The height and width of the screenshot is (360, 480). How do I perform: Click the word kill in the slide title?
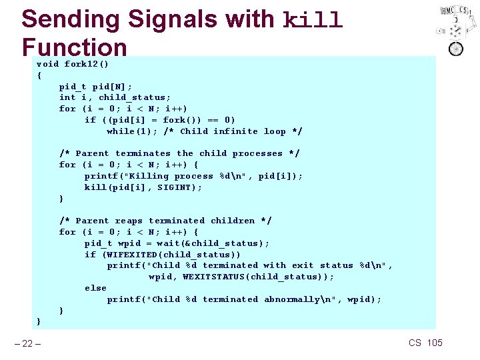313,20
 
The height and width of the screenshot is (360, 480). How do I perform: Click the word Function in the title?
74,47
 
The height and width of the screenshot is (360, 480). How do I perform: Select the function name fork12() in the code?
87,64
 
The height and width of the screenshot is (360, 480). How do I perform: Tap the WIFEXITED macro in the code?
130,255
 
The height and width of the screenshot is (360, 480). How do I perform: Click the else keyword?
95,288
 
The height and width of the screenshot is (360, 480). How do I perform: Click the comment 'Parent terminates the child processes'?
179,153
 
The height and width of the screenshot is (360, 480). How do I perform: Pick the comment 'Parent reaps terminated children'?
165,221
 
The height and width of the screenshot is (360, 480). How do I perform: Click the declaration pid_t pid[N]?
95,87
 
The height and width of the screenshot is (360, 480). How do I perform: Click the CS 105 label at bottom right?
425,343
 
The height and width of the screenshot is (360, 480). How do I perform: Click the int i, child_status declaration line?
115,97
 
